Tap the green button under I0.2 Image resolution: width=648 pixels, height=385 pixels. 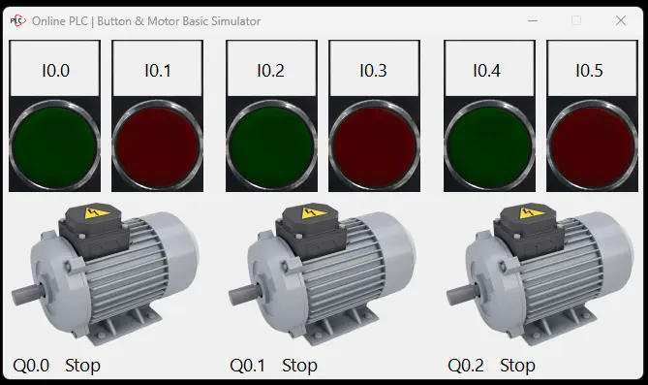click(x=271, y=145)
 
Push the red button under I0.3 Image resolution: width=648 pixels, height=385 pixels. click(x=375, y=145)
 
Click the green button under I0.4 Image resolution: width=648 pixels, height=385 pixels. click(x=489, y=145)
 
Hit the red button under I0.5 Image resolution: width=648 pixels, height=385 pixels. click(x=592, y=145)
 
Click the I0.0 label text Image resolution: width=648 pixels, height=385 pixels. click(x=55, y=71)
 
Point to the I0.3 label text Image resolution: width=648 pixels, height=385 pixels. click(x=373, y=71)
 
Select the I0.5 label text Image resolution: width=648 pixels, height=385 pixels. click(x=589, y=71)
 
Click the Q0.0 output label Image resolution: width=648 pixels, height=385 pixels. click(x=31, y=366)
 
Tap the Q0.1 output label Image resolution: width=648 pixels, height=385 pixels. click(x=248, y=366)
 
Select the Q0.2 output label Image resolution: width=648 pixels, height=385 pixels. click(x=466, y=366)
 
